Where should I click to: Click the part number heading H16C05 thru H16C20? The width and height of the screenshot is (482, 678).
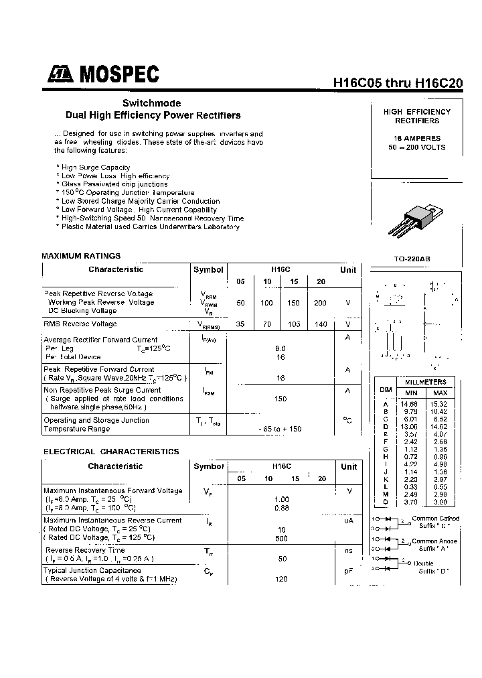click(x=398, y=83)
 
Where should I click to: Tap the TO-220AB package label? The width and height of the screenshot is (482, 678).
click(x=412, y=259)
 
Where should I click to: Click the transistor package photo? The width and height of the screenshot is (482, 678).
click(x=413, y=222)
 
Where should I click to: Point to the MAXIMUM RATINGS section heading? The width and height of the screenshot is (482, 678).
click(x=81, y=256)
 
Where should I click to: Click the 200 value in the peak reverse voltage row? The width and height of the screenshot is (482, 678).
click(x=320, y=303)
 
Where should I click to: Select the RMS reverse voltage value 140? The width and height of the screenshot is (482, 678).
click(x=320, y=324)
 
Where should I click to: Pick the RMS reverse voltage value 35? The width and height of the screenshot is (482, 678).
click(x=240, y=324)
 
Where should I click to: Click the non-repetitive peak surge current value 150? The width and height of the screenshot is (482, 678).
click(x=280, y=399)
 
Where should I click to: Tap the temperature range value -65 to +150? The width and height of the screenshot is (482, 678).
click(x=280, y=429)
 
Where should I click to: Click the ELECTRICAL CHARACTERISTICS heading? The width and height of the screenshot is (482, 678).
click(x=111, y=452)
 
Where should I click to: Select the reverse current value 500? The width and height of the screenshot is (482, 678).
click(x=282, y=538)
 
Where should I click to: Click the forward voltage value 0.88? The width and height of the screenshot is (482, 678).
click(x=282, y=508)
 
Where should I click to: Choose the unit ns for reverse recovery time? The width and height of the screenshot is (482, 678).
click(x=348, y=550)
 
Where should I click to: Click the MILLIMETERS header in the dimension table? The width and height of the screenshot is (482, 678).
click(x=425, y=381)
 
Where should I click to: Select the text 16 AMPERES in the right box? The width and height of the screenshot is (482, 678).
click(x=417, y=138)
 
